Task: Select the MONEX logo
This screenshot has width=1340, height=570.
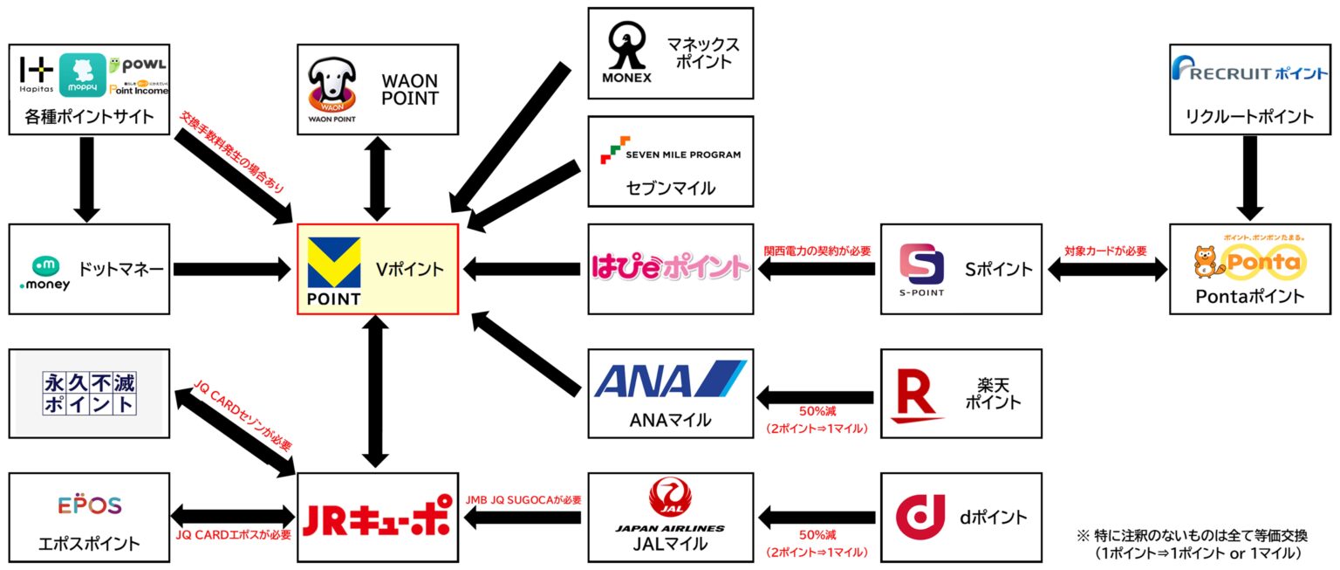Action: [x=626, y=52]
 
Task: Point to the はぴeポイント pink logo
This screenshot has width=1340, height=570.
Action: [x=669, y=267]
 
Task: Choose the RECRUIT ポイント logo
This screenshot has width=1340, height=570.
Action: [x=1249, y=72]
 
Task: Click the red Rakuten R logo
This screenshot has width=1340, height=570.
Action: [x=917, y=392]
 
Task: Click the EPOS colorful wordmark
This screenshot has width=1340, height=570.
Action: [x=89, y=506]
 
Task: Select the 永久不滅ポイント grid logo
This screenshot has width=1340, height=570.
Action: [x=89, y=393]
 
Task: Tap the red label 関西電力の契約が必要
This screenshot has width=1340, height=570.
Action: [x=817, y=251]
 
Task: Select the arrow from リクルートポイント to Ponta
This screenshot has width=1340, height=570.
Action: [x=1249, y=178]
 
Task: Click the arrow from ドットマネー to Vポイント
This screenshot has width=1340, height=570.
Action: [x=230, y=270]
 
